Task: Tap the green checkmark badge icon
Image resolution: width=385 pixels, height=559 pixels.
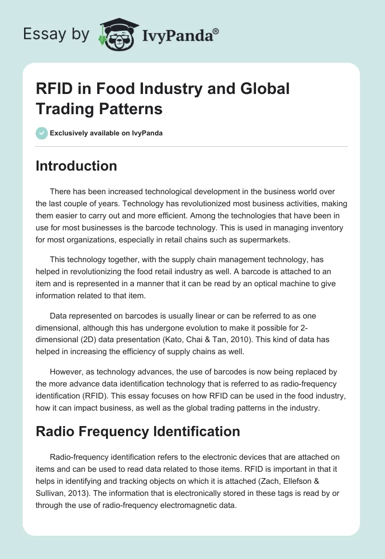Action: [x=42, y=133]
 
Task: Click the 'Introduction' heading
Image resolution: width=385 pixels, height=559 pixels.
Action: [x=77, y=166]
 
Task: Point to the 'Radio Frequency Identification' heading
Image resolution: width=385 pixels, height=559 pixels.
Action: [x=138, y=431]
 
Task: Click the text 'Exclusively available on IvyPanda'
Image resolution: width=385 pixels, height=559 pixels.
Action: [x=106, y=133]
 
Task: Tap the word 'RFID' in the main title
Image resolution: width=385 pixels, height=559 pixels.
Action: [x=54, y=89]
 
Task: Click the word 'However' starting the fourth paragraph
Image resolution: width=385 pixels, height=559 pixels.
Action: [x=65, y=372]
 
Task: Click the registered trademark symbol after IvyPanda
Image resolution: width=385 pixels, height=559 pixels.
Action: [x=216, y=31]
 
